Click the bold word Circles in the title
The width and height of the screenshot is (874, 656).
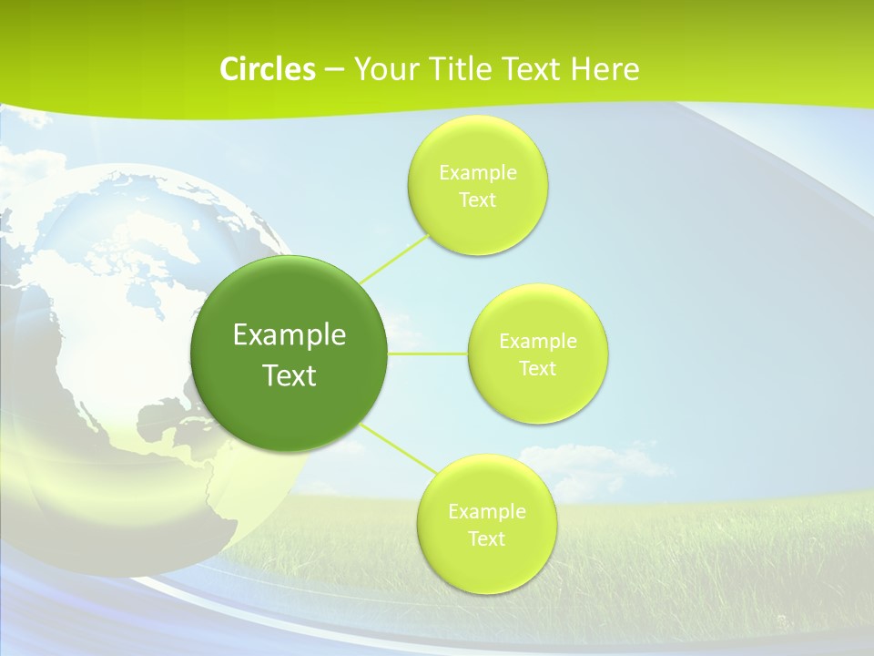(267, 69)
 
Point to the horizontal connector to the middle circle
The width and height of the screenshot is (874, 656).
(428, 354)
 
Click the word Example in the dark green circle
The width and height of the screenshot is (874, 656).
(289, 334)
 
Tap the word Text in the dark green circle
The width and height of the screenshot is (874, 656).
(289, 375)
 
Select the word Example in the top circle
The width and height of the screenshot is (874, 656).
(477, 172)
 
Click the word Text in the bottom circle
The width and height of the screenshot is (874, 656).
(486, 538)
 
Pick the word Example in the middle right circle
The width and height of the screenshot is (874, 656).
(537, 341)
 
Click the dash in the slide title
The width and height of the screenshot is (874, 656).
(333, 69)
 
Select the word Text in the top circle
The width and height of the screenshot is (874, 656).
(477, 200)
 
